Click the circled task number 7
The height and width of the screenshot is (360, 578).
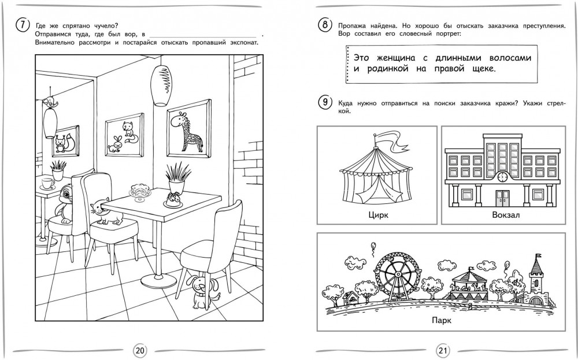pyautogui.click(x=23, y=25)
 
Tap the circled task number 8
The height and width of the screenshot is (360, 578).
pyautogui.click(x=325, y=25)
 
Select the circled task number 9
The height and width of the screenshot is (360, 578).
pyautogui.click(x=325, y=102)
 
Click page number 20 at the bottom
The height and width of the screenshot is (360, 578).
pyautogui.click(x=140, y=350)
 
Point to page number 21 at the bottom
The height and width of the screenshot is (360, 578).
pyautogui.click(x=443, y=350)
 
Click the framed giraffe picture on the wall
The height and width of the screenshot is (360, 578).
pyautogui.click(x=189, y=129)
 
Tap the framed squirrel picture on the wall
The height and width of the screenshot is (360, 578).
pyautogui.click(x=65, y=139)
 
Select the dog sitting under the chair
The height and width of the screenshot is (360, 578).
pyautogui.click(x=201, y=292)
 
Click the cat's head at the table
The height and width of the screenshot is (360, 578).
pyautogui.click(x=99, y=209)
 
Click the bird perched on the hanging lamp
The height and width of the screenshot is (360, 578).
pyautogui.click(x=50, y=102)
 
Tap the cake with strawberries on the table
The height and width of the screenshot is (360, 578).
pyautogui.click(x=173, y=200)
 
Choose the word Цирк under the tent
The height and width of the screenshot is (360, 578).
pyautogui.click(x=378, y=215)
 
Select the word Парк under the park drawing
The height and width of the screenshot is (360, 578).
pyautogui.click(x=442, y=320)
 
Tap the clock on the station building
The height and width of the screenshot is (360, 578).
pyautogui.click(x=502, y=177)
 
